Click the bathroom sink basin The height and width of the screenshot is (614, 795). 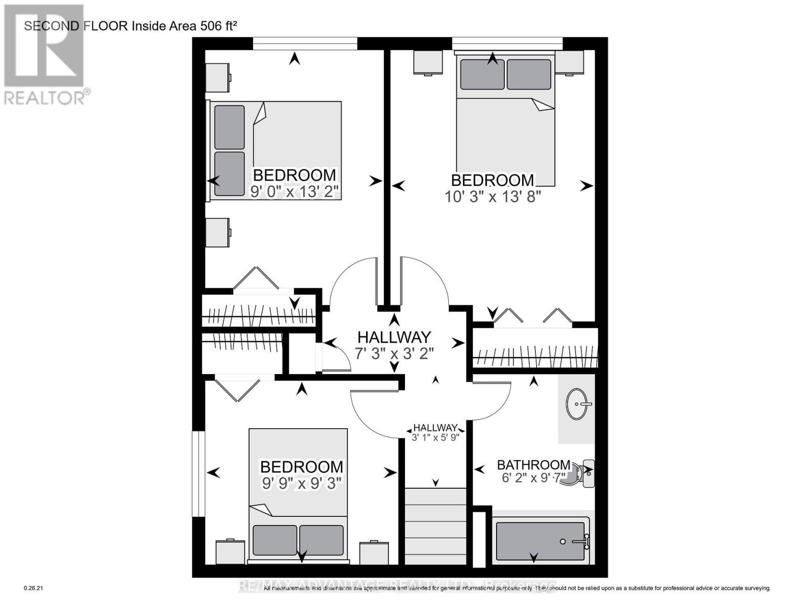pos(578,404)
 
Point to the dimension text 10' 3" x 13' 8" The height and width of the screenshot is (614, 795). pos(493,196)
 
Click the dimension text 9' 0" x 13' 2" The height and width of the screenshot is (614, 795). pos(294,191)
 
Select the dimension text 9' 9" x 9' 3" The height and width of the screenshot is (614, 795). pos(302,483)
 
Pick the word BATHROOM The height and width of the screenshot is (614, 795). pos(533,465)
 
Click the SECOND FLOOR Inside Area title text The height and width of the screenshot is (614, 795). pos(131,26)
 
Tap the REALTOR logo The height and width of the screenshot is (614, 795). pos(45,54)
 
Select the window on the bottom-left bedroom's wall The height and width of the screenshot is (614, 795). pos(198,474)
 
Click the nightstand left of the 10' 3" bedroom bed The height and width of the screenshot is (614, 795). pos(428,62)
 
